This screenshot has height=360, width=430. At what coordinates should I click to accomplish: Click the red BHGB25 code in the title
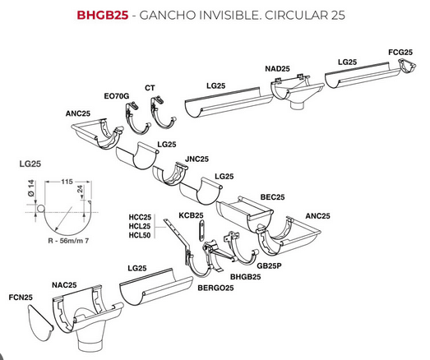(x=103, y=15)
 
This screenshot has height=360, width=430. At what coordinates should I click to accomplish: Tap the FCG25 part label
(x=400, y=52)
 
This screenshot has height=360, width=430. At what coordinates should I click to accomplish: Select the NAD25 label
(x=277, y=68)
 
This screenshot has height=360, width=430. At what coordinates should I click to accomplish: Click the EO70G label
(x=117, y=96)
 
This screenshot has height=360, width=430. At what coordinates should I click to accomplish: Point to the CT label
(x=150, y=88)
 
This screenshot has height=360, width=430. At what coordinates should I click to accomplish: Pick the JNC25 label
(x=197, y=159)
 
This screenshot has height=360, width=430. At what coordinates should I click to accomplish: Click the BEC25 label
(x=272, y=197)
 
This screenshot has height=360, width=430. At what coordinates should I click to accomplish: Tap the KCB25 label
(x=191, y=215)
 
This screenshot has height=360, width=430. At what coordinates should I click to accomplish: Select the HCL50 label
(x=140, y=235)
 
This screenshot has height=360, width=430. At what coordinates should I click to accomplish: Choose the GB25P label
(x=269, y=265)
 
